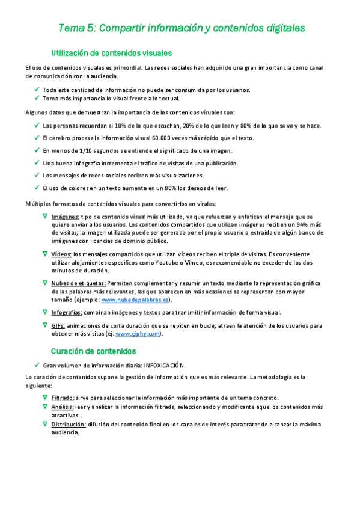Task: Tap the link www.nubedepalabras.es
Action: point(135,300)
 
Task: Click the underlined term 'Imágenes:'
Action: point(65,216)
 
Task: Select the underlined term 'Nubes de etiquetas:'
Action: point(78,283)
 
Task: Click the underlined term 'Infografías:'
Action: point(67,312)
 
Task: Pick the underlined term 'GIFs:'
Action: point(58,325)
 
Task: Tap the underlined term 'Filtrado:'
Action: point(63,398)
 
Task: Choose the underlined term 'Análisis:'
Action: point(62,407)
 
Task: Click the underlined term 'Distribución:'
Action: point(69,424)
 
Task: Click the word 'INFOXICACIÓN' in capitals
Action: point(164,365)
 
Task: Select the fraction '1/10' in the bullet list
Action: point(77,150)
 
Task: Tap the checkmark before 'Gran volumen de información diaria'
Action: point(37,364)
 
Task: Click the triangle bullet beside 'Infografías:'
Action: point(45,312)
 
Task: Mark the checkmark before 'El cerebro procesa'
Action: point(37,137)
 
